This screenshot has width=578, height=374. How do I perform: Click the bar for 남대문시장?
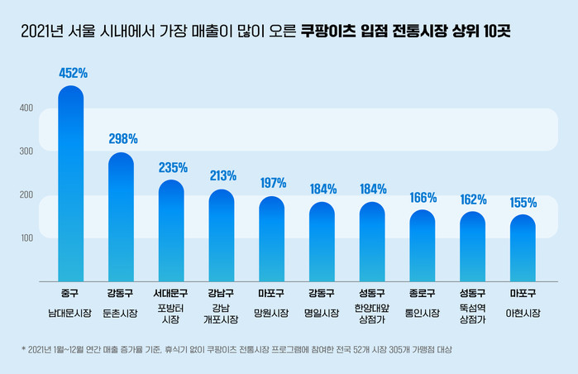[x=70, y=186]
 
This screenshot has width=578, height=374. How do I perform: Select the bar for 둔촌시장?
[x=121, y=219]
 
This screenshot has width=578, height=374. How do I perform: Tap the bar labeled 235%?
[x=171, y=232]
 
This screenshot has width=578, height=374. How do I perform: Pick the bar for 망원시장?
[x=271, y=240]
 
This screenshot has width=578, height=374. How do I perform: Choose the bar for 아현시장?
[x=523, y=248]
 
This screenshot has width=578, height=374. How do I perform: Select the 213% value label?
[x=223, y=175]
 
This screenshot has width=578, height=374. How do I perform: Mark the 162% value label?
[x=473, y=199]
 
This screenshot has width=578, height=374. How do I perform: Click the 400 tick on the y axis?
[x=26, y=108]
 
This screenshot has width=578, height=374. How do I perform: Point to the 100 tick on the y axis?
[x=26, y=238]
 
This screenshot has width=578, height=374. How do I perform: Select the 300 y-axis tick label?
[x=26, y=151]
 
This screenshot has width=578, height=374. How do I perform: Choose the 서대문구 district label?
[x=171, y=293]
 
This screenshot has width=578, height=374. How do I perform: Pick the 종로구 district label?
[x=423, y=293]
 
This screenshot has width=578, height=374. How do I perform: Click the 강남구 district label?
[x=222, y=293]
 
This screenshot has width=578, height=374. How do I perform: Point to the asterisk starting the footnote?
[x=24, y=349]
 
